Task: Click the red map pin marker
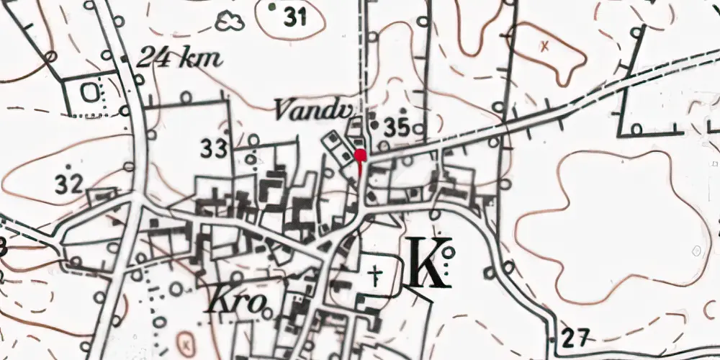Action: coord(360,154)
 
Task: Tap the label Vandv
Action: coord(303,110)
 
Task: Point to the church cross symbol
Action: coord(374,274)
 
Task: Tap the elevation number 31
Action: coord(295,17)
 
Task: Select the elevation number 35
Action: coord(397,127)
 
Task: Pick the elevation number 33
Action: coord(214,149)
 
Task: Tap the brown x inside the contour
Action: coord(545,45)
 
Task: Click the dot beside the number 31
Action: coord(272,7)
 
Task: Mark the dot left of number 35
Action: coord(372,114)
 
